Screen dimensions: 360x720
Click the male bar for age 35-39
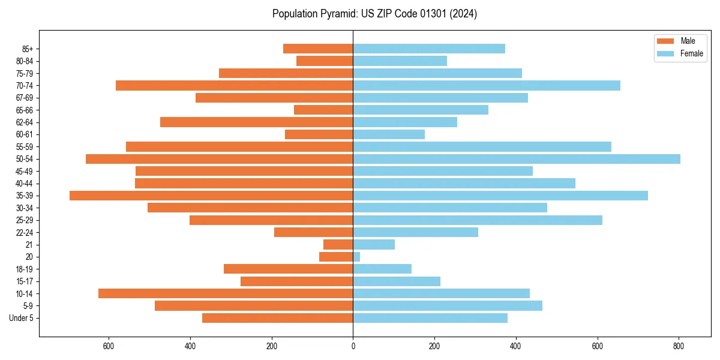[x=211, y=196]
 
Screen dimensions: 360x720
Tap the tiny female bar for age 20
[x=356, y=257]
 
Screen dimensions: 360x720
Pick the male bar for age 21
[x=338, y=244]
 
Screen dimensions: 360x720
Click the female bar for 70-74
[x=486, y=86]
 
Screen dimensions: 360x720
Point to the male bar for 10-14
[x=226, y=293]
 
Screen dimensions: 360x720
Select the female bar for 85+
[x=428, y=49]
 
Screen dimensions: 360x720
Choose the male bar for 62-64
[x=257, y=122]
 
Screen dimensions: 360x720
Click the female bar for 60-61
[x=389, y=134]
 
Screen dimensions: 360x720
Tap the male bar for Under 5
[x=277, y=318]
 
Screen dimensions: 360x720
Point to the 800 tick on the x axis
[x=679, y=346]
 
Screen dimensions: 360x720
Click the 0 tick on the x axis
[x=353, y=346]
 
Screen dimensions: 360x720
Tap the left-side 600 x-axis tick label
[x=109, y=346]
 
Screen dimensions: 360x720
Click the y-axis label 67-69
[x=25, y=98]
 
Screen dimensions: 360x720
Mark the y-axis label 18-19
[x=25, y=269]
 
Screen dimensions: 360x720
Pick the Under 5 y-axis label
[x=22, y=318]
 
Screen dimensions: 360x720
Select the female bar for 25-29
[x=477, y=220]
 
